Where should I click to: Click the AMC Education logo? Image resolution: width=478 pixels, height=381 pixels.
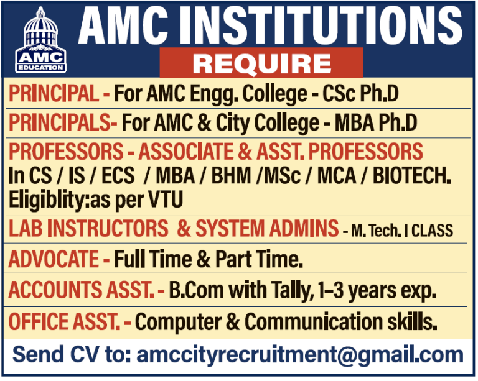tap(40, 39)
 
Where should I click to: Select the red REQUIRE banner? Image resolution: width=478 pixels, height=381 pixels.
tap(261, 63)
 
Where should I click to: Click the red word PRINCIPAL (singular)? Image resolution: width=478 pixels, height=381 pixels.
tap(54, 95)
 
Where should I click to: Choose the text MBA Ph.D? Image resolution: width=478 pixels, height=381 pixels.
tap(376, 122)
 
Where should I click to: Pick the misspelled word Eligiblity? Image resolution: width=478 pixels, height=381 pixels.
tap(47, 200)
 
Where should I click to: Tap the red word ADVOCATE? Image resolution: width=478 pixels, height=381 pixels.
tap(54, 258)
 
